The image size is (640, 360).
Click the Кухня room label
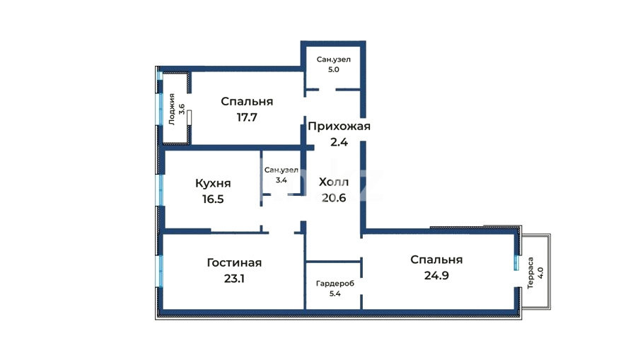(213, 184)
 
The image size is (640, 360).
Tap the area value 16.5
(213, 199)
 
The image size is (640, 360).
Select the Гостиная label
(234, 262)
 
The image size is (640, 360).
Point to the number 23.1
(234, 279)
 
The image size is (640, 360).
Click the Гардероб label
(335, 284)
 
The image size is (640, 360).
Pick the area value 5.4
(335, 294)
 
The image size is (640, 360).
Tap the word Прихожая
(339, 127)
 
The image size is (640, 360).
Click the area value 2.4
(339, 142)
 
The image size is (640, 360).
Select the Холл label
(334, 182)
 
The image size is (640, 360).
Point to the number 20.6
(334, 198)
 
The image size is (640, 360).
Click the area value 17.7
(247, 117)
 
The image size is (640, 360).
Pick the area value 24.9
(436, 276)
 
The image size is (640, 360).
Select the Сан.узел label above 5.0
(334, 59)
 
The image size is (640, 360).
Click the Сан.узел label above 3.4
(281, 170)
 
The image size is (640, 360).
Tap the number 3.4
(281, 180)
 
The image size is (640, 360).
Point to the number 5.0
(334, 69)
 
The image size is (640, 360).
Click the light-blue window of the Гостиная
(161, 272)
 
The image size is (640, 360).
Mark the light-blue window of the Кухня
(161, 190)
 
